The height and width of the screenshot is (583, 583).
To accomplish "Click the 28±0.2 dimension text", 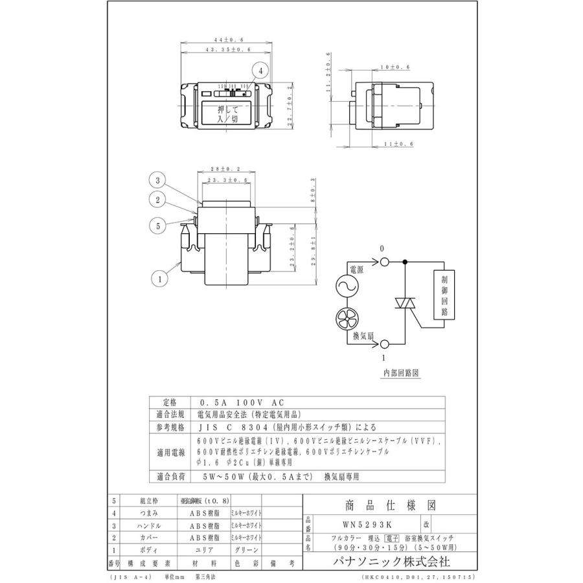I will (x=226, y=168).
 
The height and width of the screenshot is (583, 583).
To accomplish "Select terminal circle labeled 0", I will (x=383, y=261).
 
